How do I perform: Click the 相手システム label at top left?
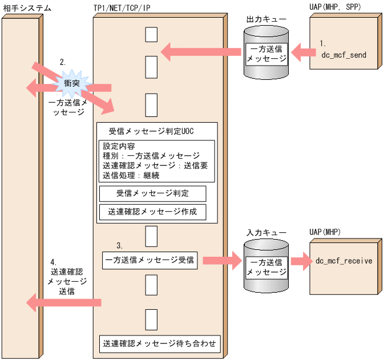[x=26, y=8]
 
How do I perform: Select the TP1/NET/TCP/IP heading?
[x=125, y=8]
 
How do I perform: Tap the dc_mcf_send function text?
[x=343, y=55]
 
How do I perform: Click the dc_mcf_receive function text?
[x=343, y=261]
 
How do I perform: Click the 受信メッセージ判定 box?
[x=152, y=193]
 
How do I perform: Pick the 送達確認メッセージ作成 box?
[x=152, y=212]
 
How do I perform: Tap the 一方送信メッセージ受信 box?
[x=149, y=261]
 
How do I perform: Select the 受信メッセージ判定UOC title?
[x=151, y=131]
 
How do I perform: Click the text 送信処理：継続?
[x=131, y=175]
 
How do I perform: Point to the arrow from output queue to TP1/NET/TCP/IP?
[x=200, y=52]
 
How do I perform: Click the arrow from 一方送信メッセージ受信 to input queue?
[x=220, y=261]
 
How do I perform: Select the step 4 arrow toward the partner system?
[x=63, y=302]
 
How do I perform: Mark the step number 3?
[x=119, y=245]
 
